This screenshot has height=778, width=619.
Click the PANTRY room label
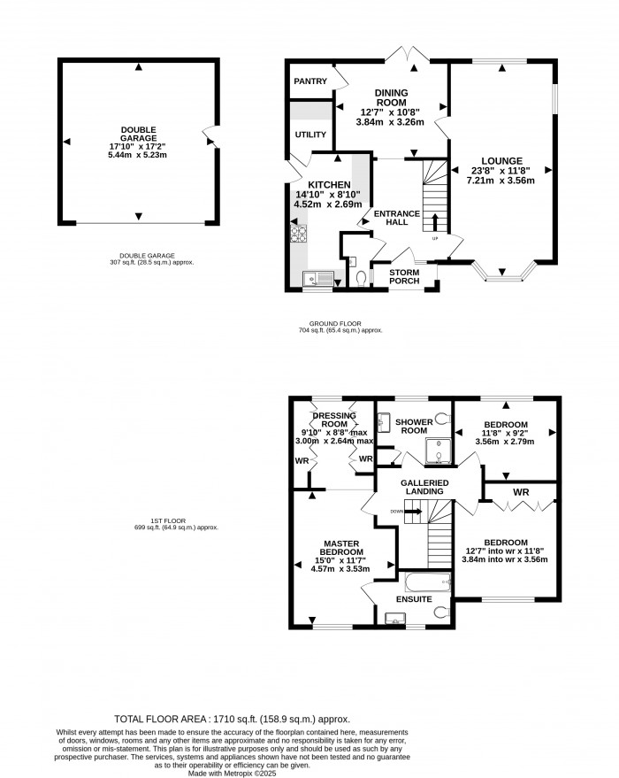click(310, 81)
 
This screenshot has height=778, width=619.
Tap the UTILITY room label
click(310, 135)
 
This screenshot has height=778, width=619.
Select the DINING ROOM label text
click(390, 97)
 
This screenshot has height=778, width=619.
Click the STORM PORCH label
click(404, 277)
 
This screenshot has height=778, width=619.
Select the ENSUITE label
click(414, 600)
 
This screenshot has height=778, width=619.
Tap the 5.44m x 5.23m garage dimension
click(137, 155)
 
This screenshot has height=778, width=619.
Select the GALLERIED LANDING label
click(424, 488)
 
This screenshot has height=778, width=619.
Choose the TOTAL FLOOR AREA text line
click(233, 719)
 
